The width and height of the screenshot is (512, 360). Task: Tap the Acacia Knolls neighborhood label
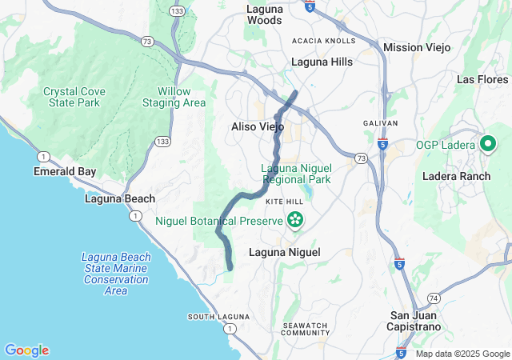323,41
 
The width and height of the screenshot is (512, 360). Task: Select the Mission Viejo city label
417,47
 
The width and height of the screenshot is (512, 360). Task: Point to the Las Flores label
482,79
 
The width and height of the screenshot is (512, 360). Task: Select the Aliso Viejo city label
257,126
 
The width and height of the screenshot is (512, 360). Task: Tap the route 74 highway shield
433,297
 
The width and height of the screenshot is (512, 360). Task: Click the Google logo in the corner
26,350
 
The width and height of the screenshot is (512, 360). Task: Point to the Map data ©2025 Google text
462,354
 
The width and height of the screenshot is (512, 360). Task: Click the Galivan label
380,122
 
